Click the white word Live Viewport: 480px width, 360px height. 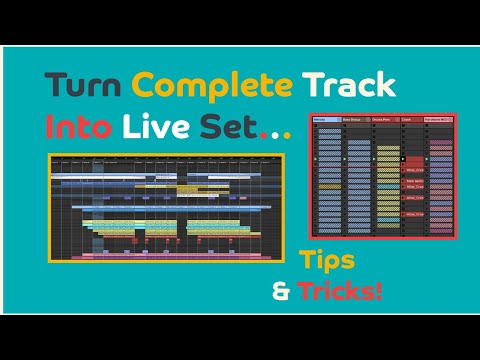pyautogui.click(x=156, y=125)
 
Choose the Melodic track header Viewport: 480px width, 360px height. pyautogui.click(x=325, y=119)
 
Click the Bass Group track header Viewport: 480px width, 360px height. pyautogui.click(x=355, y=119)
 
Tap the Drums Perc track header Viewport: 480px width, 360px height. pyautogui.click(x=385, y=119)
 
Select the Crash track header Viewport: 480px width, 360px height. pyautogui.click(x=412, y=119)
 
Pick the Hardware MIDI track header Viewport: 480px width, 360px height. pyautogui.click(x=441, y=119)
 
